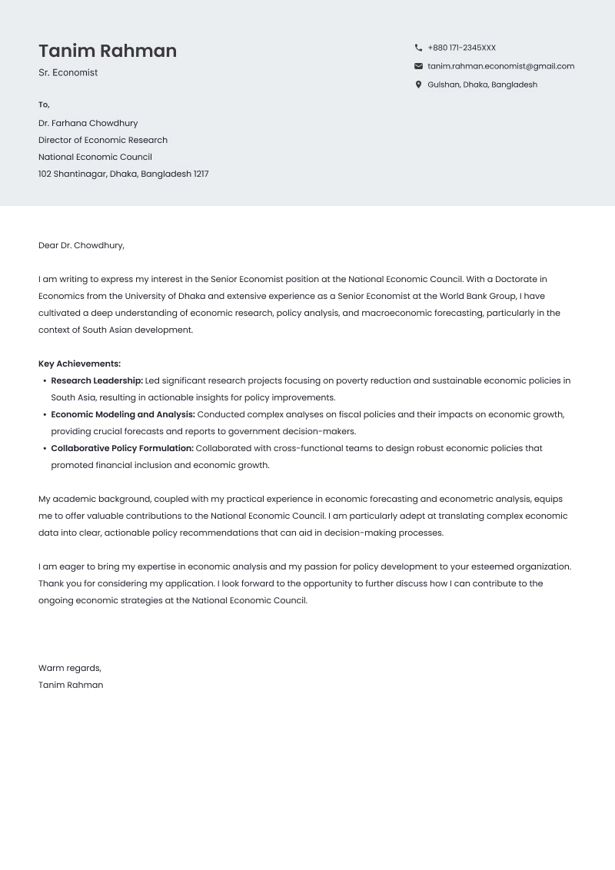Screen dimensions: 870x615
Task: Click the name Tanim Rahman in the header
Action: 108,51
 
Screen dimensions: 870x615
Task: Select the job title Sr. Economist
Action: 68,73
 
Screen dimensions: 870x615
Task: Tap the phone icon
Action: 418,48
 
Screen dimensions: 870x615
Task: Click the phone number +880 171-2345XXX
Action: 461,48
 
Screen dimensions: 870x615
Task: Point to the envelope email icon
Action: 418,66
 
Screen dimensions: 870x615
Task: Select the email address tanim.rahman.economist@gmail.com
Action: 500,66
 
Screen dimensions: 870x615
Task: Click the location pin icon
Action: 418,85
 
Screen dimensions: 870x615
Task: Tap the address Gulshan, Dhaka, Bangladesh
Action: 482,85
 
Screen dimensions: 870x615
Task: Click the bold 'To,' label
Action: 44,105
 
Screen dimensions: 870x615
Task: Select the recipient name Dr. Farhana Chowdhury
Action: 88,123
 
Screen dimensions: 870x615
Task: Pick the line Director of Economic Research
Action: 103,140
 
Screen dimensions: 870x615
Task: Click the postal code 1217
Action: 201,174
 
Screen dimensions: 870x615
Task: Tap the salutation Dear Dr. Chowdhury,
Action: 81,245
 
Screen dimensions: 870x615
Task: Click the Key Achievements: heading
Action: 79,364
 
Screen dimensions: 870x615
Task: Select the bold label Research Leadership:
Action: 97,380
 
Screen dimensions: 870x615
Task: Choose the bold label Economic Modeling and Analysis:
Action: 123,414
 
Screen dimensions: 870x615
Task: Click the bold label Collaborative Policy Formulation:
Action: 122,448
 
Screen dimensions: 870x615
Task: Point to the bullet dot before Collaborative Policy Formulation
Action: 45,449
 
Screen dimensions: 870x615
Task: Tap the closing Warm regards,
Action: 70,668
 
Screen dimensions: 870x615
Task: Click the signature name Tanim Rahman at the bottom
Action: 71,685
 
